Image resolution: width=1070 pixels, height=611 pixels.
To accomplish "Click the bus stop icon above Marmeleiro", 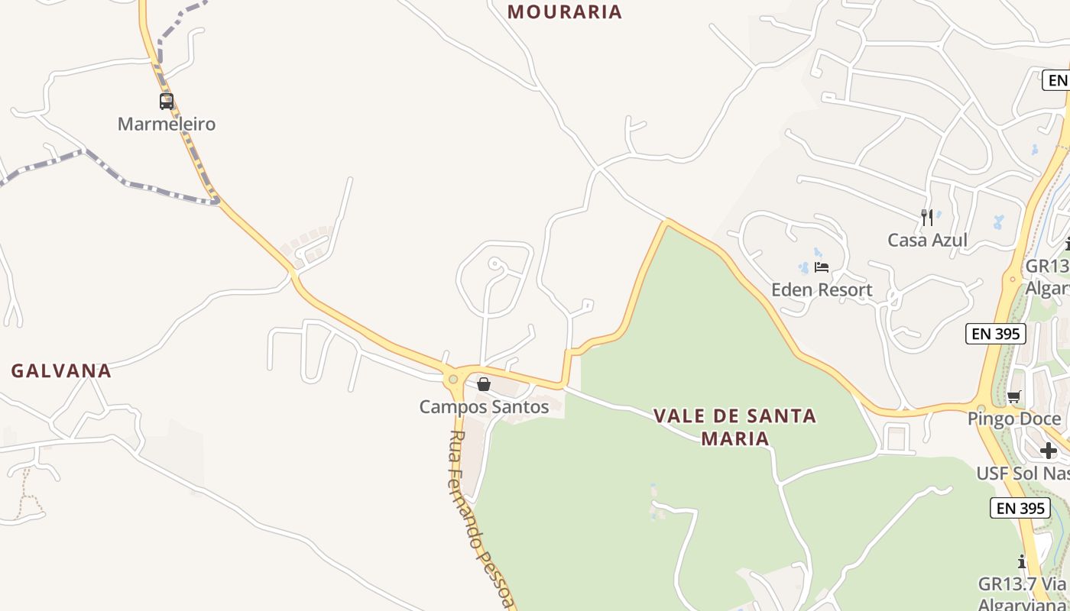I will pyautogui.click(x=166, y=101).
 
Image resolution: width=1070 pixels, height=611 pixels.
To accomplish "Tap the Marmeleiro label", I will pyautogui.click(x=167, y=124).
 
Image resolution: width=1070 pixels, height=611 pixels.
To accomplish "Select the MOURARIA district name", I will pyautogui.click(x=565, y=11).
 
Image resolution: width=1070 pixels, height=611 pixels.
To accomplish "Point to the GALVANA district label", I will pyautogui.click(x=61, y=371).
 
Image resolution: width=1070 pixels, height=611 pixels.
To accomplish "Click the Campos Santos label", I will pyautogui.click(x=484, y=407).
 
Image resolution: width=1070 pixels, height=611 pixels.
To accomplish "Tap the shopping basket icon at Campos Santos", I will pyautogui.click(x=484, y=384).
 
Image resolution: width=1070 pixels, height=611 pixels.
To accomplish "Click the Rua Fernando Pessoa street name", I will pyautogui.click(x=480, y=519).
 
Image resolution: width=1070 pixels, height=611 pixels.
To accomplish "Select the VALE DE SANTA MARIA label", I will pyautogui.click(x=734, y=427).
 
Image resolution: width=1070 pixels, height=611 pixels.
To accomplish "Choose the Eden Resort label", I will pyautogui.click(x=822, y=290).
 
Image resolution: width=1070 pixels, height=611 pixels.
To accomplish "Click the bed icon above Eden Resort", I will pyautogui.click(x=822, y=267).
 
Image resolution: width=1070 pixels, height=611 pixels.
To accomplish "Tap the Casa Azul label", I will pyautogui.click(x=927, y=241).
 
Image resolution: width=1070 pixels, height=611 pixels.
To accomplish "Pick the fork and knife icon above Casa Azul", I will pyautogui.click(x=927, y=218).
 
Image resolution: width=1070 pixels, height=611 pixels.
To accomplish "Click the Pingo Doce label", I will pyautogui.click(x=1014, y=419).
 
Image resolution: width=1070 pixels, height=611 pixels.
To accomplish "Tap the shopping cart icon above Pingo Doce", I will pyautogui.click(x=1014, y=396).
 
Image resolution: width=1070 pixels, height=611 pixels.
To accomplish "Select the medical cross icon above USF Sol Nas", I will pyautogui.click(x=1048, y=451).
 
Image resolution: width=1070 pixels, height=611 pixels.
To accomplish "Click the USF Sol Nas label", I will pyautogui.click(x=1023, y=474).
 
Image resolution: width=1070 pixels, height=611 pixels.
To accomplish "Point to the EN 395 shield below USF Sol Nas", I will pyautogui.click(x=1020, y=508).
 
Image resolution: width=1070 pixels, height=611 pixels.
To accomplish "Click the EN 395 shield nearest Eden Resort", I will pyautogui.click(x=995, y=334).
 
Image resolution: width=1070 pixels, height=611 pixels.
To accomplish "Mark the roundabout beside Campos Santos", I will pyautogui.click(x=454, y=379).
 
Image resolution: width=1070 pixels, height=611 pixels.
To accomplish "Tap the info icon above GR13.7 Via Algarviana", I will pyautogui.click(x=1022, y=562).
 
